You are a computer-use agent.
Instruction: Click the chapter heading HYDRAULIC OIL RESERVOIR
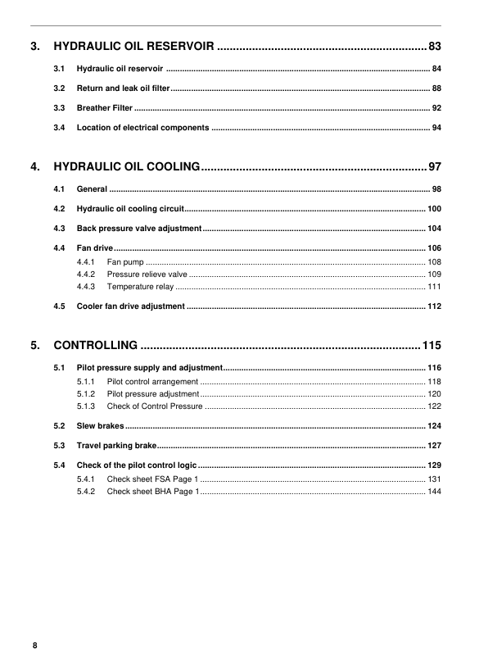click(x=134, y=46)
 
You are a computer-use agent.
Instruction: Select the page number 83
click(x=435, y=46)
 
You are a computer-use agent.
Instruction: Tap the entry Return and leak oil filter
click(x=123, y=88)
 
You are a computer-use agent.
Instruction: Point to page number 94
click(x=437, y=128)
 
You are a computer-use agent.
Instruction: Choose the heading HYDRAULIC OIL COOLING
click(x=127, y=168)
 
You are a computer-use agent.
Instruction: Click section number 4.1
click(x=59, y=189)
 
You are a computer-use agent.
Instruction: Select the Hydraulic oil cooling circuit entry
click(x=130, y=209)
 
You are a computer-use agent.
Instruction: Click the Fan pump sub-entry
click(x=126, y=261)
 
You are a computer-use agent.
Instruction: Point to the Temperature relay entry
click(x=140, y=287)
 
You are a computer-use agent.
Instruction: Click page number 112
click(x=435, y=306)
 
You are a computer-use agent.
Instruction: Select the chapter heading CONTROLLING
click(x=95, y=347)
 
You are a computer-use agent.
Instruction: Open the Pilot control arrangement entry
click(x=152, y=382)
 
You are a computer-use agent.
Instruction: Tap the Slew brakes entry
click(x=100, y=426)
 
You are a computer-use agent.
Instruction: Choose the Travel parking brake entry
click(x=116, y=446)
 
